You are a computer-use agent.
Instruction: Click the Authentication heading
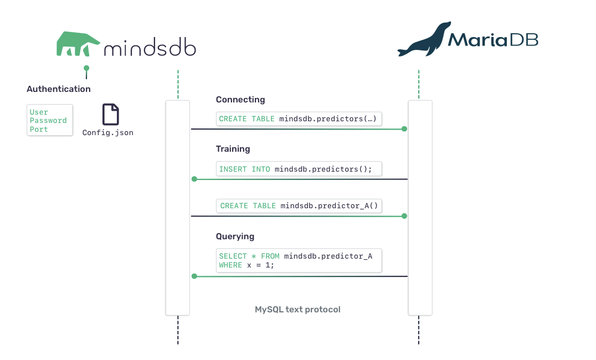click(59, 89)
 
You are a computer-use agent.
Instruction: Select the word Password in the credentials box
click(48, 121)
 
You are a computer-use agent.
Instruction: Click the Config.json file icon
click(111, 114)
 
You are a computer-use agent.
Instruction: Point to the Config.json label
click(108, 133)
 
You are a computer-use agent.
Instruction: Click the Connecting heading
click(240, 100)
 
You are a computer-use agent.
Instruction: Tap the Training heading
click(233, 148)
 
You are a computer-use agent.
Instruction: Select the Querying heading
click(235, 236)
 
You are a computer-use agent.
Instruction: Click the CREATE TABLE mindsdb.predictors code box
click(299, 119)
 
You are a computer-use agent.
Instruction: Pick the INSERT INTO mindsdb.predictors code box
click(299, 169)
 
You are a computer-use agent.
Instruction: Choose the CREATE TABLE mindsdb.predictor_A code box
click(299, 205)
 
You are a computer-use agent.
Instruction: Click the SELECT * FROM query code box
click(299, 260)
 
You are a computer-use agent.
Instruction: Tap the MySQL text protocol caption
click(297, 310)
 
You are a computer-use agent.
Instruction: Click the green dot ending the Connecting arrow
click(404, 129)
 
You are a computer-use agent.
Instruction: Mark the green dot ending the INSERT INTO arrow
click(194, 179)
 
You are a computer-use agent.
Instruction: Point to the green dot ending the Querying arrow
click(194, 276)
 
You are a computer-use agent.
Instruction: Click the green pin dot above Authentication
click(86, 68)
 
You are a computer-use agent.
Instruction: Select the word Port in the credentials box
click(39, 129)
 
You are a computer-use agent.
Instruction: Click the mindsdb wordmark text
click(150, 47)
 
